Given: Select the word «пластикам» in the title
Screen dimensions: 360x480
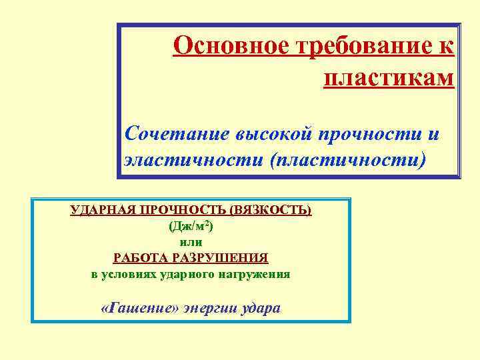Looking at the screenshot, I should [389, 78].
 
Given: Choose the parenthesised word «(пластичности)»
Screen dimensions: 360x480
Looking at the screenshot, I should [347, 161].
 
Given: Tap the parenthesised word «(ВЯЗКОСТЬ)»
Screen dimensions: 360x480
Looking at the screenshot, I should [270, 210].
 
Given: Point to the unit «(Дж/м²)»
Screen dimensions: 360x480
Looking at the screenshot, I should [191, 226].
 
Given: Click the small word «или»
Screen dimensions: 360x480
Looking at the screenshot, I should [191, 242].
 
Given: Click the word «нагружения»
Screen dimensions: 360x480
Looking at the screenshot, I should [259, 274].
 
